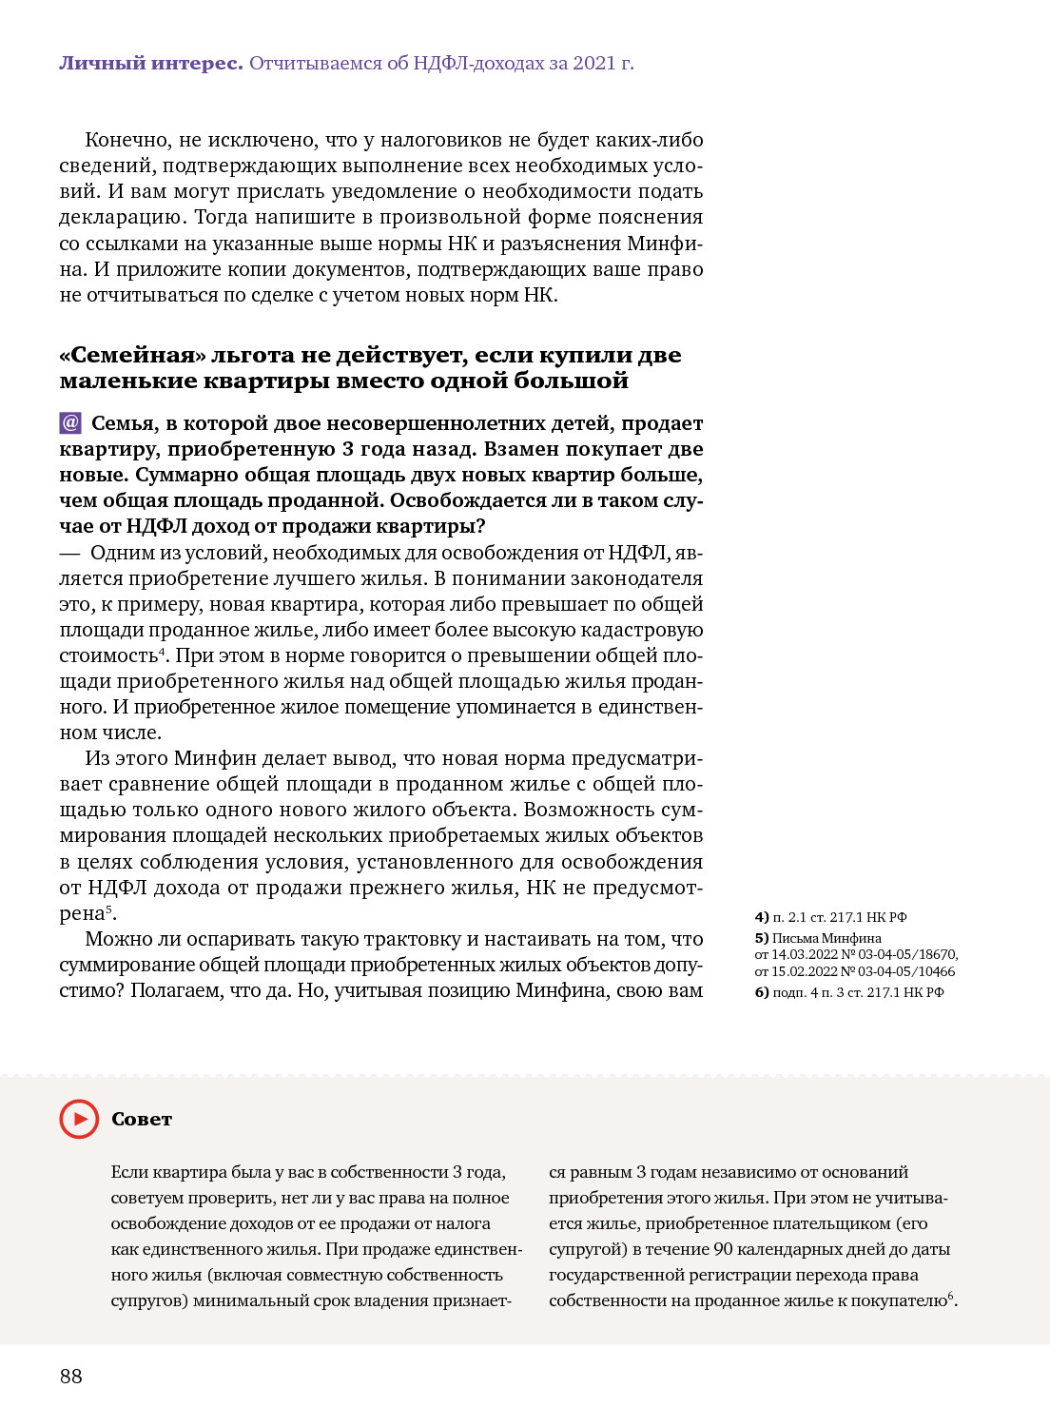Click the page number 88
71,1376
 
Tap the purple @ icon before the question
70,422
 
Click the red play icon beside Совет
79,1119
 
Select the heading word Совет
142,1120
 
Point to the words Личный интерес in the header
150,64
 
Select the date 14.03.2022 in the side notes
806,954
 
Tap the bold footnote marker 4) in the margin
762,917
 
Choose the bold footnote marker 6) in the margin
762,992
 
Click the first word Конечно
128,140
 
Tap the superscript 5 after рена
109,909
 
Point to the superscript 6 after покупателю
950,1296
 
